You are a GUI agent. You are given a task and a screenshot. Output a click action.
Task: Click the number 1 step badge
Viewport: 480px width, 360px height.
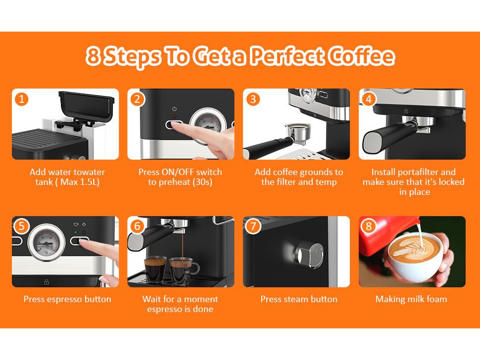click(x=21, y=99)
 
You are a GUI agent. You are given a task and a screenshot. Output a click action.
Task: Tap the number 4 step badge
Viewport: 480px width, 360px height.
click(x=369, y=99)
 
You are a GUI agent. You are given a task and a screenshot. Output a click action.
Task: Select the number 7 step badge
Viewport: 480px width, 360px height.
click(x=253, y=226)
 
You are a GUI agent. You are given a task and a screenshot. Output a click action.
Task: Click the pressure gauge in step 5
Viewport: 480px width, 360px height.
click(x=46, y=242)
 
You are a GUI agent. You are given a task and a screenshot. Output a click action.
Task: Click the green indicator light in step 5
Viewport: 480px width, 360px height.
click(x=76, y=232)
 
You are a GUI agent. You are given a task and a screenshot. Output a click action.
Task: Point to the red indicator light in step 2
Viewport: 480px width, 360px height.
click(x=175, y=116)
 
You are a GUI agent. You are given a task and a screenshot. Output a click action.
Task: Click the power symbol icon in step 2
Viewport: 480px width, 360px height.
click(x=175, y=109)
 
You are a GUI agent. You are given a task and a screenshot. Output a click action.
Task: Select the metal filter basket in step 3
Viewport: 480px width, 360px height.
click(x=297, y=132)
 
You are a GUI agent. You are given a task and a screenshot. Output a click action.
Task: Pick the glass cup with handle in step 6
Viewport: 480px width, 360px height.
click(x=183, y=271)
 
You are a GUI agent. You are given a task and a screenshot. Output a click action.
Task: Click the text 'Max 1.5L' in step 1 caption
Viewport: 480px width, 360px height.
click(x=79, y=182)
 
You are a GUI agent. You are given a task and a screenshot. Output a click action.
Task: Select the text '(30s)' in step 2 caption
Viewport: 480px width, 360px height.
click(x=202, y=182)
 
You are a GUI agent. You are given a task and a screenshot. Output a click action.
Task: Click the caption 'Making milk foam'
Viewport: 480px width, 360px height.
click(x=411, y=299)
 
